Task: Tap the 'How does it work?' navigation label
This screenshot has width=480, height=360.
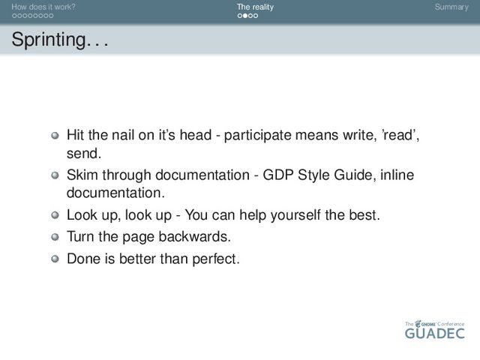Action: (43, 7)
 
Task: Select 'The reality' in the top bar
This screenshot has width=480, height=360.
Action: (255, 7)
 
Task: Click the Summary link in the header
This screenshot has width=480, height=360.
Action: (451, 7)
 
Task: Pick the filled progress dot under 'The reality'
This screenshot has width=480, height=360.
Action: (245, 16)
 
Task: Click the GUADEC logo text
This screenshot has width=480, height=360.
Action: (435, 333)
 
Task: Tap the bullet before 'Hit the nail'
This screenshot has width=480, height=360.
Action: (55, 135)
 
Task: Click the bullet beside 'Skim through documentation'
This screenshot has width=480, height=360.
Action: (55, 175)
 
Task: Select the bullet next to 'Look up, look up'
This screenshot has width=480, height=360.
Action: (55, 215)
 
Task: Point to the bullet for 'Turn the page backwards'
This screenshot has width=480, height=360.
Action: (55, 237)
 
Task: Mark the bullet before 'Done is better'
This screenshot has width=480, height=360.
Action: (55, 259)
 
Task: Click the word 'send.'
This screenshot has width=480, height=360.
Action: (84, 153)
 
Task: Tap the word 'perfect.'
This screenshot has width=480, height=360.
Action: (216, 259)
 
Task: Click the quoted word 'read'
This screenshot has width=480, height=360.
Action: (400, 135)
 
